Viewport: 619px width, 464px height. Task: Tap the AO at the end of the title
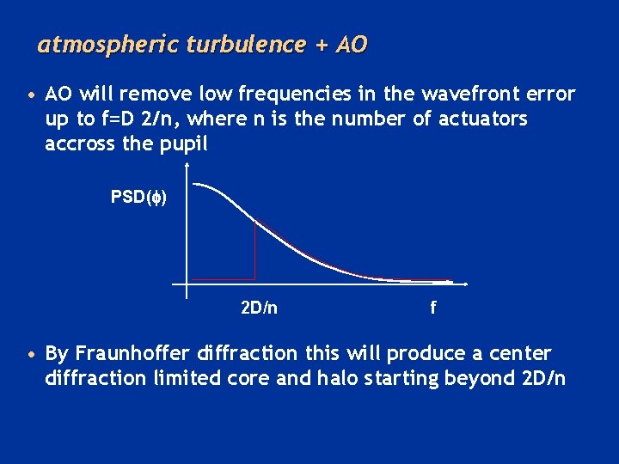[x=352, y=45]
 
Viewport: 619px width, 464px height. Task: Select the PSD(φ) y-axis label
[x=139, y=197]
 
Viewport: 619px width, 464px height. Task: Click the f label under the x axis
[x=433, y=308]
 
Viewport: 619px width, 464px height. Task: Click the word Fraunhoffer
[x=134, y=354]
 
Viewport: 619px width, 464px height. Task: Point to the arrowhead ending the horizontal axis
[x=465, y=284]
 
